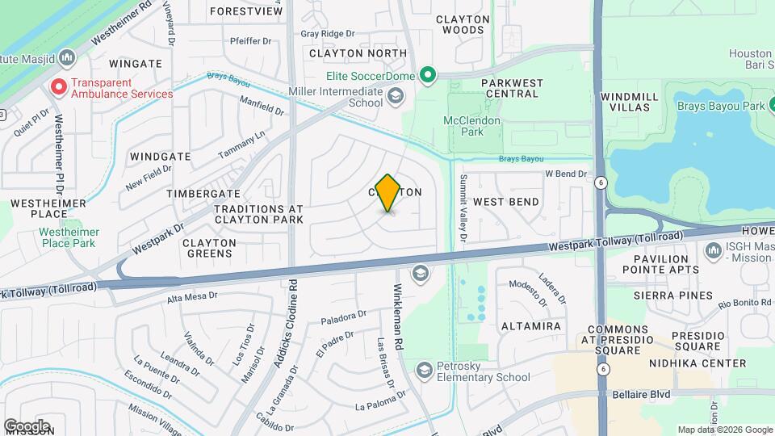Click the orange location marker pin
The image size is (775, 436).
click(x=387, y=192)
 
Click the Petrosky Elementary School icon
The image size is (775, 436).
click(x=424, y=371)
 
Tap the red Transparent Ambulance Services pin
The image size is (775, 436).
click(x=58, y=87)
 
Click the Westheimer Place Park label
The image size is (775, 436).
click(x=67, y=237)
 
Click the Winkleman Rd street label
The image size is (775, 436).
click(x=397, y=316)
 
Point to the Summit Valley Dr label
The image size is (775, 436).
click(x=463, y=208)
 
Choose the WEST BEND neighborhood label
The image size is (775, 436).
click(x=505, y=201)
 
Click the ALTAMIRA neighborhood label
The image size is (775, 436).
click(x=531, y=326)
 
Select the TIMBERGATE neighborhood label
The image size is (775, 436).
click(x=203, y=194)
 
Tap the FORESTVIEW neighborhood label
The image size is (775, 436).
click(x=246, y=12)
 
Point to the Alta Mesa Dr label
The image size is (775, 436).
click(x=192, y=296)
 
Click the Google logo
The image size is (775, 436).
click(x=27, y=426)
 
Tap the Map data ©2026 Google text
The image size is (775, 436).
click(x=724, y=430)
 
